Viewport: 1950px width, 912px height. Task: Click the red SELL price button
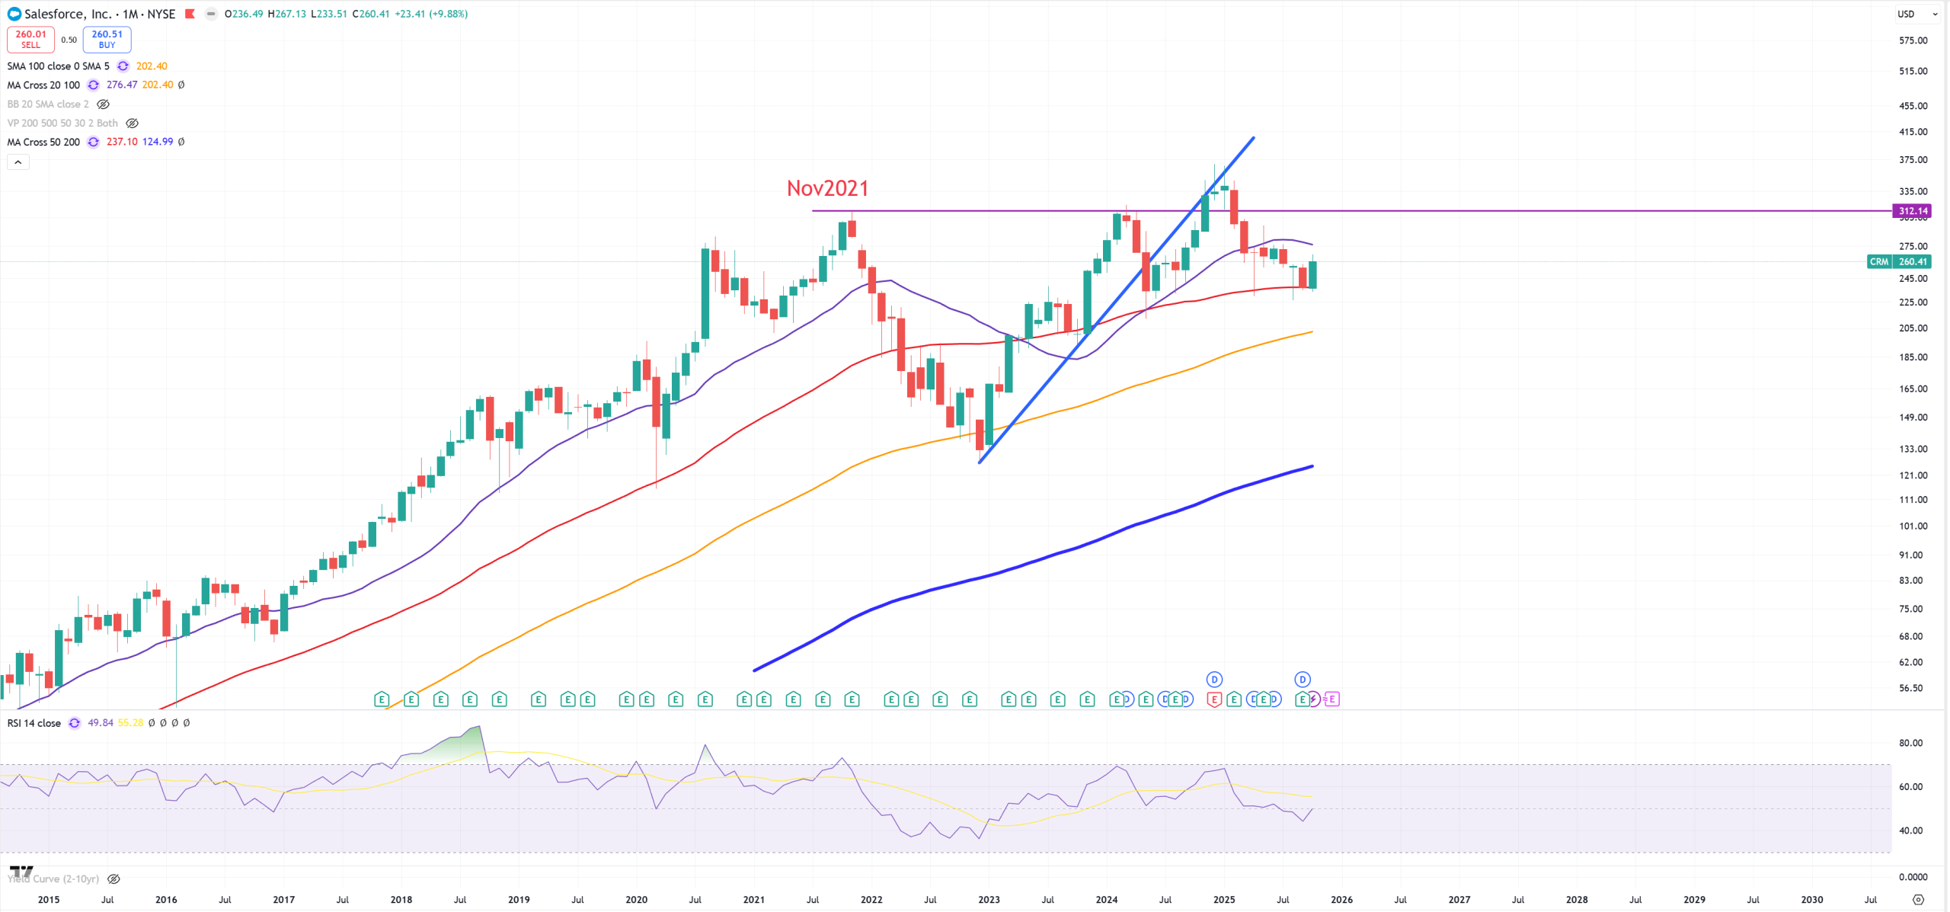[x=30, y=39]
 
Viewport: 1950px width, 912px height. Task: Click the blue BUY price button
[x=107, y=39]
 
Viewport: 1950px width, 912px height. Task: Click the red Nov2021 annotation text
[x=827, y=188]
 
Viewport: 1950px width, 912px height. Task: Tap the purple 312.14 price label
[x=1912, y=211]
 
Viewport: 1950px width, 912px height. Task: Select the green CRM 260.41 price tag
[x=1899, y=261]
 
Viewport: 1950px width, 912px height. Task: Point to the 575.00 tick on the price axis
[x=1913, y=40]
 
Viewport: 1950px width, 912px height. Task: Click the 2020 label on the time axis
[x=636, y=900]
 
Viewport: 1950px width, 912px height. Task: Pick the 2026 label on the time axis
[x=1341, y=900]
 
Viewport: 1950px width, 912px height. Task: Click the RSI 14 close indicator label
[x=34, y=723]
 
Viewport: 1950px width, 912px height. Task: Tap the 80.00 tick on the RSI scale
[x=1910, y=743]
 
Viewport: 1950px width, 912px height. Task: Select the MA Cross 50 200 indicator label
[x=43, y=142]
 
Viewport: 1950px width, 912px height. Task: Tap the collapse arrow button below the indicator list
[x=18, y=162]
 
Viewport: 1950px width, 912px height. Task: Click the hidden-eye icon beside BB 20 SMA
[x=103, y=104]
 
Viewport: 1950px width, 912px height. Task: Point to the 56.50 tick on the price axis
[x=1910, y=688]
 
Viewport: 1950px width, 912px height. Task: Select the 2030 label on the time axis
[x=1811, y=900]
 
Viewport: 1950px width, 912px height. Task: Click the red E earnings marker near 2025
[x=1213, y=699]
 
